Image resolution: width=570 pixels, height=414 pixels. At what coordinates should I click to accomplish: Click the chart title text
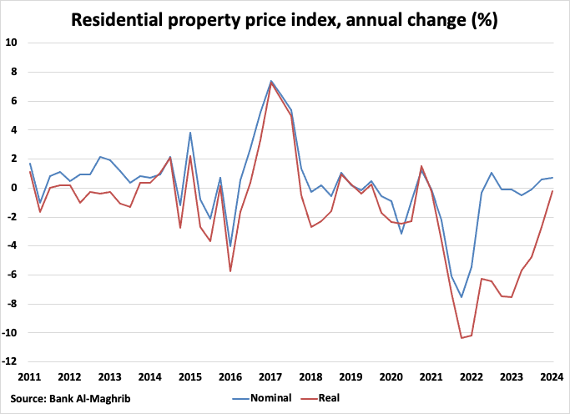[x=285, y=18]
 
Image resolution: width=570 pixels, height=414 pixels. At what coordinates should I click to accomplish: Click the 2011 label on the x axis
[x=29, y=376]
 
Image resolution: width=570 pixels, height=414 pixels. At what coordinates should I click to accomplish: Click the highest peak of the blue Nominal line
[x=271, y=81]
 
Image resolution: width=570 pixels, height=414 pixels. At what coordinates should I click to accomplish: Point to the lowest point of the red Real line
[x=462, y=338]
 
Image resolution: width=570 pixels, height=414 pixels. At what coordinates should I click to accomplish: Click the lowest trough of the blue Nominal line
[x=462, y=297]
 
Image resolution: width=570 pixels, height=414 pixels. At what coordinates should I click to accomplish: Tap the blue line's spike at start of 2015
[x=190, y=133]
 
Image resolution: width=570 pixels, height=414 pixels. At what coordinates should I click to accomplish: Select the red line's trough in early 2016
[x=230, y=271]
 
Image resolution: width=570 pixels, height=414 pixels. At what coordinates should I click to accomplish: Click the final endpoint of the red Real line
[x=552, y=191]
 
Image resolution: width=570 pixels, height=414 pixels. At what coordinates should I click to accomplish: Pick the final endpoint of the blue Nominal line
[x=552, y=178]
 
